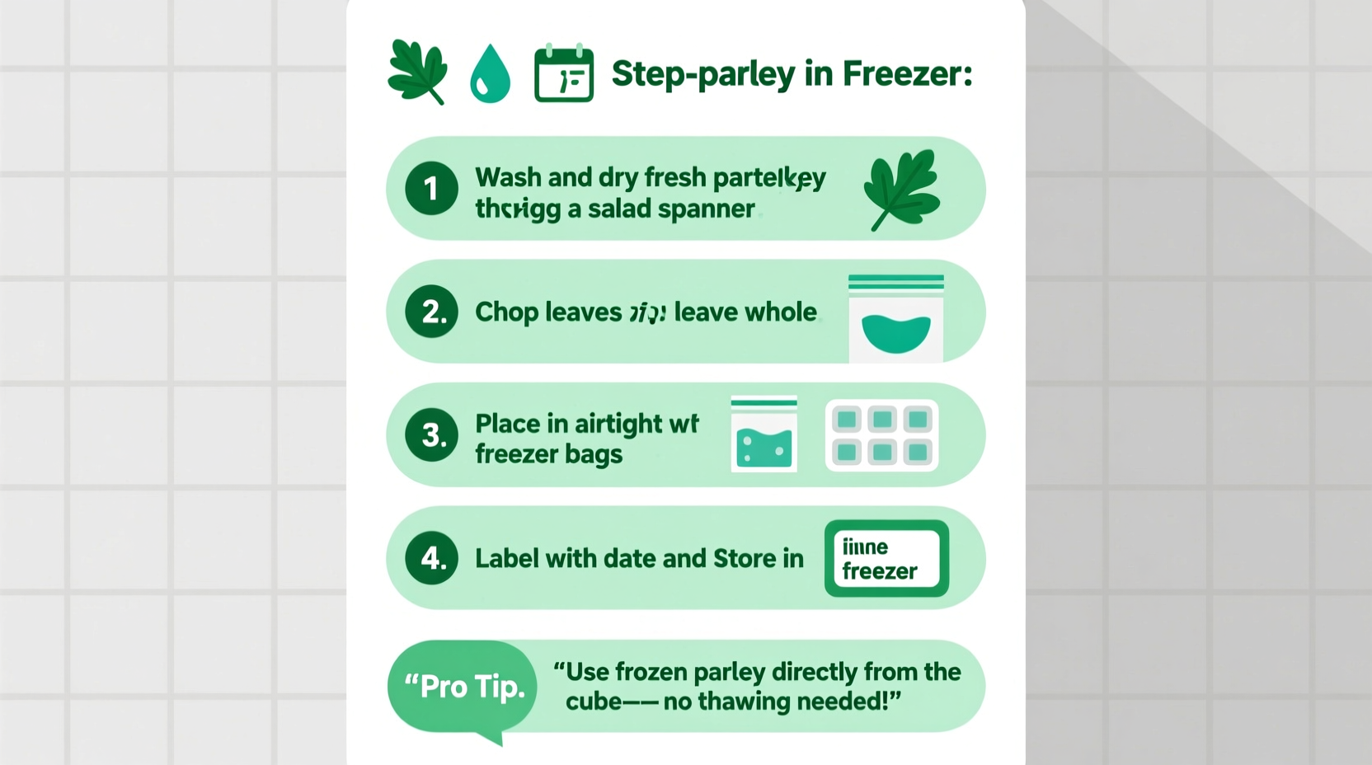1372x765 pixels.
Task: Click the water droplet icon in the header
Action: click(490, 74)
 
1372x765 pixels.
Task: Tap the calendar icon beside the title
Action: click(564, 74)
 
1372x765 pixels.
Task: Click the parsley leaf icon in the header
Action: click(418, 72)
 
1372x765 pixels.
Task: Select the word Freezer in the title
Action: click(907, 74)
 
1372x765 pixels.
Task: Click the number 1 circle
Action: click(431, 189)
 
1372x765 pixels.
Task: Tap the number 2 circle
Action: click(431, 312)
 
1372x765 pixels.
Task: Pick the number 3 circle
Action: click(431, 434)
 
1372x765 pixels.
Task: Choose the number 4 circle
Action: click(431, 558)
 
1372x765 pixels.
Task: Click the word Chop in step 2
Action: click(506, 312)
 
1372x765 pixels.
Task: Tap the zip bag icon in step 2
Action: click(896, 319)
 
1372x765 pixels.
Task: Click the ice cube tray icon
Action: click(881, 435)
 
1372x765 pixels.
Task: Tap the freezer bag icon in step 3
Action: click(764, 435)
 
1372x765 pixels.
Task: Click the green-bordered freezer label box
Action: click(886, 558)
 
